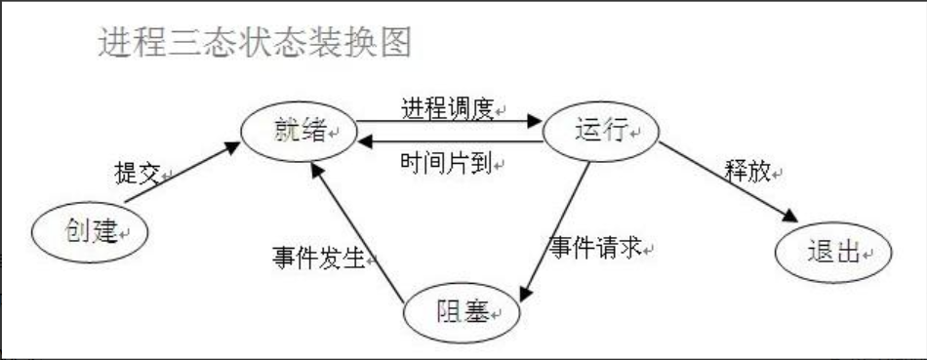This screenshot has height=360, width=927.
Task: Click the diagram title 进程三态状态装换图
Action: pyautogui.click(x=255, y=43)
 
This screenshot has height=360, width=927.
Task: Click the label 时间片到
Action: pyautogui.click(x=445, y=163)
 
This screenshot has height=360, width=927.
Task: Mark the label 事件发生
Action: pyautogui.click(x=316, y=258)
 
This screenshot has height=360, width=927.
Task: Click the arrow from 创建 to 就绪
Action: pyautogui.click(x=181, y=173)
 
